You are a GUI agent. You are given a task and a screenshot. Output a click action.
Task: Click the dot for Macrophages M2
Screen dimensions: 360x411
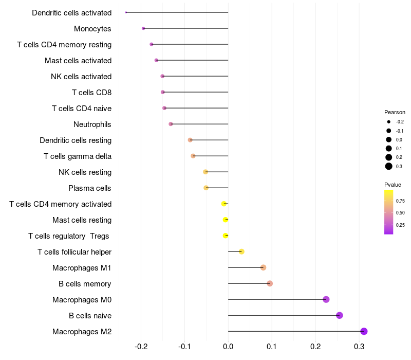[364, 331]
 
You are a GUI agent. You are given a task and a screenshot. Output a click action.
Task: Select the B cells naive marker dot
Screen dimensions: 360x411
[339, 315]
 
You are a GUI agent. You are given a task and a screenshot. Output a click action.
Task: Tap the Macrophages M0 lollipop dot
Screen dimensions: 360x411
[326, 299]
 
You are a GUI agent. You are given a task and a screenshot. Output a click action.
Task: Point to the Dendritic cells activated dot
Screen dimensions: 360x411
[126, 12]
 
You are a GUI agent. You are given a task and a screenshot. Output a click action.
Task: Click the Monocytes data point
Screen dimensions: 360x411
[143, 28]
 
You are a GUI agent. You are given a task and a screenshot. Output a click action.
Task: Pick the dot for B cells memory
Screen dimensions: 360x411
[270, 283]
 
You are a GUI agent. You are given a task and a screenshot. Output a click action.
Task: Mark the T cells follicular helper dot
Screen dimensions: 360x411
[241, 251]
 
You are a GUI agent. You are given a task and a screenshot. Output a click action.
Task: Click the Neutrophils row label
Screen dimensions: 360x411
[92, 124]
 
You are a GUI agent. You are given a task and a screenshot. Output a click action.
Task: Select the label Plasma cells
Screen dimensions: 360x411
[90, 188]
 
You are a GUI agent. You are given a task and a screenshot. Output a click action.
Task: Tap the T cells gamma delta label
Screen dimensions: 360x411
[78, 156]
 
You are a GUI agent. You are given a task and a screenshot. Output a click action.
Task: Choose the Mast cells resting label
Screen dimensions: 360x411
[82, 220]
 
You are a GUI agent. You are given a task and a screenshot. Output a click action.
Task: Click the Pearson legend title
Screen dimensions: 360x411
[395, 112]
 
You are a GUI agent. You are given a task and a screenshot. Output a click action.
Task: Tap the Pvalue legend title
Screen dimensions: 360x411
[393, 185]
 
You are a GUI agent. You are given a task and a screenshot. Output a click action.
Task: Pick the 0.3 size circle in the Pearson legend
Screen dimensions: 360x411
[389, 166]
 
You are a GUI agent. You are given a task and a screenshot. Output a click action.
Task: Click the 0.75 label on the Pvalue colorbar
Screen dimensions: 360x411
[400, 201]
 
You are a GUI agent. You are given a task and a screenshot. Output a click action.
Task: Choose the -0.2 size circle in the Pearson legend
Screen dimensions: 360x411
[389, 122]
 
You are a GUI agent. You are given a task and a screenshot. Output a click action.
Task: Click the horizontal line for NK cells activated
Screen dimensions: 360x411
[195, 76]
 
